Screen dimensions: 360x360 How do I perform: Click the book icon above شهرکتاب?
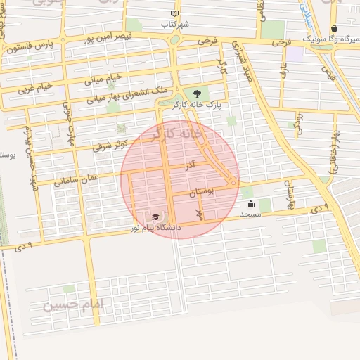click(175, 13)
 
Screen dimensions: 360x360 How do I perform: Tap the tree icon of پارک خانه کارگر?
click(196, 94)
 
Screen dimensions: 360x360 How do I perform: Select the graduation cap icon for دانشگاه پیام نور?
click(155, 217)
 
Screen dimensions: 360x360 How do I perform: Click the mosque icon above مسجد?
click(251, 204)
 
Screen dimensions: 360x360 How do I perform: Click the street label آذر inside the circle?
click(190, 167)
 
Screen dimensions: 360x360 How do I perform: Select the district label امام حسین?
click(72, 305)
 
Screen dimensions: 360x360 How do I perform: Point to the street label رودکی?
click(298, 122)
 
